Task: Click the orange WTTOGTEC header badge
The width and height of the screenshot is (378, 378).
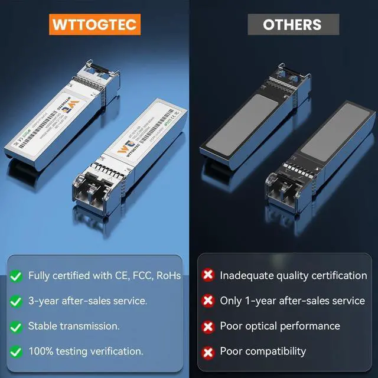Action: (x=94, y=24)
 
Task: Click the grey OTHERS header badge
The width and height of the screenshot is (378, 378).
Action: (x=292, y=24)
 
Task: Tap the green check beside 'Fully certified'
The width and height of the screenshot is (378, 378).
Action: (x=16, y=276)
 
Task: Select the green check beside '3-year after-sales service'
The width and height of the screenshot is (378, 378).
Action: (x=16, y=301)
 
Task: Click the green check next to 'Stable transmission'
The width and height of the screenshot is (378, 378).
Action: (x=16, y=326)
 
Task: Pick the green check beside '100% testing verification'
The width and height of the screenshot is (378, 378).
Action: (x=16, y=351)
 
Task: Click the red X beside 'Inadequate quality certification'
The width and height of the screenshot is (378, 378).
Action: (x=208, y=275)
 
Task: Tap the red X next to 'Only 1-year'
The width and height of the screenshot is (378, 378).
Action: (x=208, y=301)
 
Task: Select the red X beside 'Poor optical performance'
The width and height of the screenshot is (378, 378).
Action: (x=208, y=326)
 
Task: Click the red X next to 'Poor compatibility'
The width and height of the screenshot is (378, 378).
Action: (x=208, y=351)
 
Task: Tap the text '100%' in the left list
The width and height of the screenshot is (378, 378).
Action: (x=41, y=351)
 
